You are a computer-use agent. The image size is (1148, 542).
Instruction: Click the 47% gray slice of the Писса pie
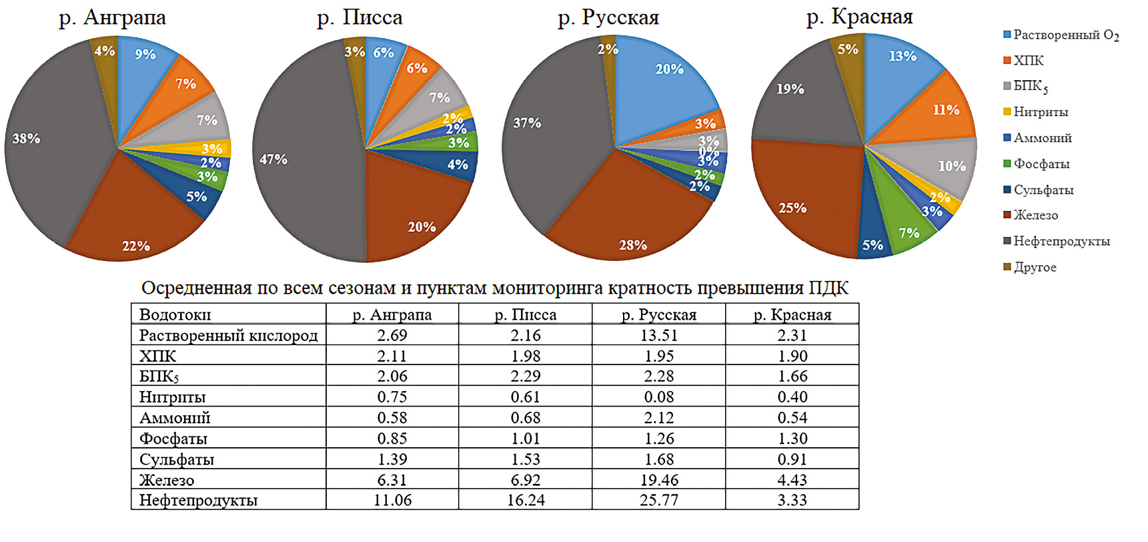(x=300, y=160)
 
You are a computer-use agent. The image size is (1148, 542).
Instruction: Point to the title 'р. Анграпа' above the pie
(x=112, y=17)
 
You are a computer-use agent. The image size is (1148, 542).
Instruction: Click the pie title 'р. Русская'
(x=608, y=17)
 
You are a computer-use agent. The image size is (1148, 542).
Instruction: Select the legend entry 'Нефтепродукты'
(x=1061, y=241)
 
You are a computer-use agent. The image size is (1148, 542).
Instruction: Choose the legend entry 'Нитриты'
(x=1041, y=111)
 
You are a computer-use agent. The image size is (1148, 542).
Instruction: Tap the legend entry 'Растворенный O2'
(x=1065, y=35)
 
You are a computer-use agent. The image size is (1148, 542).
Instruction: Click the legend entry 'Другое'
(x=1035, y=267)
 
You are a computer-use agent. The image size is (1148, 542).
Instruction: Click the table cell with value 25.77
(x=658, y=500)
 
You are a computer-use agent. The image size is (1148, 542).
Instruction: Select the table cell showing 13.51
(x=658, y=335)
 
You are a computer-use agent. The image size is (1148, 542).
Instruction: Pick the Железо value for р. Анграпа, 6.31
(x=392, y=480)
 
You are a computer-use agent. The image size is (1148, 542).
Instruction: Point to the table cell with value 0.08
(x=658, y=397)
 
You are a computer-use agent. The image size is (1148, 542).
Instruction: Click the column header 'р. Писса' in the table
(x=525, y=314)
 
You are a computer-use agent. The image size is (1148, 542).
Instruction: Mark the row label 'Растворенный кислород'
(x=228, y=335)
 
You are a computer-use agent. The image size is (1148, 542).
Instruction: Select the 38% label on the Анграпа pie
(x=26, y=139)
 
